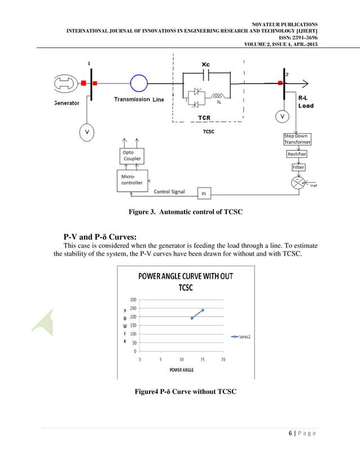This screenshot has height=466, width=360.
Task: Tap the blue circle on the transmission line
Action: pos(139,83)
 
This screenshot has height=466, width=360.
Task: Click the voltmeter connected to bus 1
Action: pos(87,131)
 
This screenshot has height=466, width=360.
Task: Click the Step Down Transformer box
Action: pos(297,139)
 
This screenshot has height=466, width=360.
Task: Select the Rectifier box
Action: pos(297,154)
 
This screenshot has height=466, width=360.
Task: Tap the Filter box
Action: pos(298,168)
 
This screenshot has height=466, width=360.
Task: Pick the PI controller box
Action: pos(203,194)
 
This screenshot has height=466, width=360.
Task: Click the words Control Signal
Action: pos(169,192)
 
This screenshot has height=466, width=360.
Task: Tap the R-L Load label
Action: pos(306,101)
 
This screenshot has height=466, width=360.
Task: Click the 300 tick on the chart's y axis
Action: pos(133,300)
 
